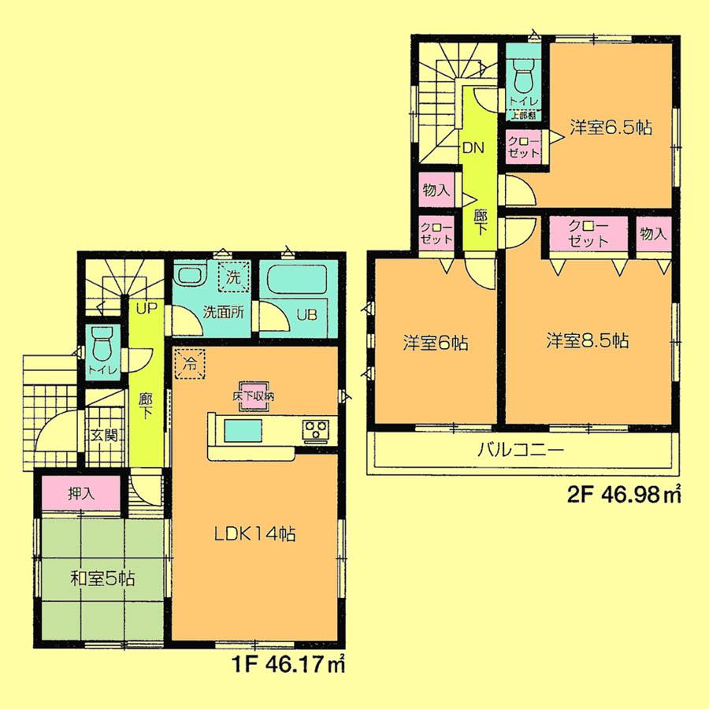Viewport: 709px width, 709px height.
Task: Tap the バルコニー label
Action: [x=520, y=452]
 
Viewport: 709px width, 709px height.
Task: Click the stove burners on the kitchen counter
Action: [x=317, y=430]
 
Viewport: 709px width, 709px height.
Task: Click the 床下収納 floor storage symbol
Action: [x=252, y=397]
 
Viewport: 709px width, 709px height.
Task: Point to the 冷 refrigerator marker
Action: [x=187, y=362]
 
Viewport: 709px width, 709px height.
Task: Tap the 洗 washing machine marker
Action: [x=233, y=277]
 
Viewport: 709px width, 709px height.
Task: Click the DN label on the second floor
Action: [x=473, y=147]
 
